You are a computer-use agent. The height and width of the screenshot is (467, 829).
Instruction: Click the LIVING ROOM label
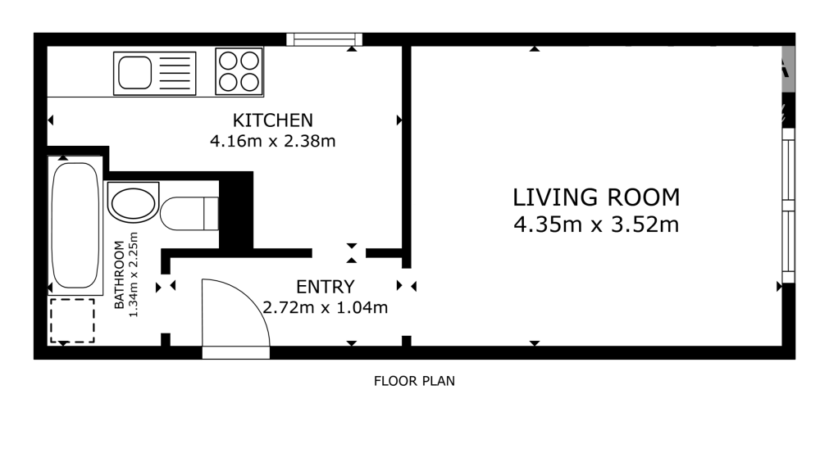tap(596, 197)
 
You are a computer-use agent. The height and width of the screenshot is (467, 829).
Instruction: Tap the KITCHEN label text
tap(272, 120)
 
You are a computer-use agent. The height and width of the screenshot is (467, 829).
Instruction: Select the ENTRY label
tap(325, 287)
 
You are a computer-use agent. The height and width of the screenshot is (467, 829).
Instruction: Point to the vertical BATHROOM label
tap(120, 275)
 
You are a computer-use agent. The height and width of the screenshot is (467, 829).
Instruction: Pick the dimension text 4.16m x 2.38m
tap(272, 141)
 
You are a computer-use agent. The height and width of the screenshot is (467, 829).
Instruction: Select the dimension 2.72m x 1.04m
tap(325, 309)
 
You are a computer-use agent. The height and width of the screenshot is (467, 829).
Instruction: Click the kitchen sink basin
tap(134, 73)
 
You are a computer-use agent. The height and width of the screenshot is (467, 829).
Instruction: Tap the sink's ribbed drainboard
tap(174, 73)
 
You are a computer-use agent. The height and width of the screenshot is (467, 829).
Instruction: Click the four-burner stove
tap(239, 71)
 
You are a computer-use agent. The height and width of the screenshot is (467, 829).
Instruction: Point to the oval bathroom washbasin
tap(132, 202)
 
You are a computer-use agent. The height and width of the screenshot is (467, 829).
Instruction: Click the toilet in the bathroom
tap(189, 214)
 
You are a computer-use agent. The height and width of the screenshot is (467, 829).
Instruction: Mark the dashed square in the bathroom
tap(72, 320)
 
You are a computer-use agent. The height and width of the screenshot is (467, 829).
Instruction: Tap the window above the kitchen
tap(324, 39)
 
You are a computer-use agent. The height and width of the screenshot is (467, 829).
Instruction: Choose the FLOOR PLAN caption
tap(413, 381)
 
